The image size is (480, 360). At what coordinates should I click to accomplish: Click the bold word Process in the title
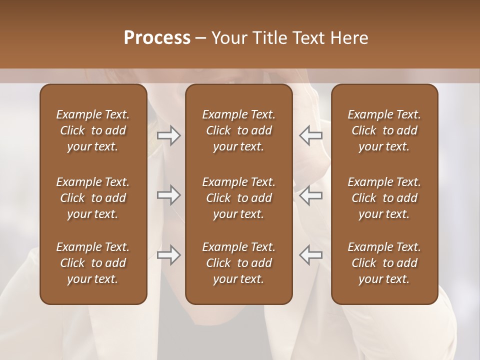pos(157,38)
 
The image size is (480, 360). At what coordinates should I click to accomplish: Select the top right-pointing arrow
pos(169,135)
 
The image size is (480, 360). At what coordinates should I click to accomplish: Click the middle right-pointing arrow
pos(169,195)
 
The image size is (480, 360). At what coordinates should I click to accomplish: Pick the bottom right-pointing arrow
pos(169,255)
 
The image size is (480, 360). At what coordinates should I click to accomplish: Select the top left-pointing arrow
pos(310,135)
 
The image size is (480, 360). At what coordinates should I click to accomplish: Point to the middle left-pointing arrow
pos(310,195)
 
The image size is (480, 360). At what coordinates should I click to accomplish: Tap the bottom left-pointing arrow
pos(310,255)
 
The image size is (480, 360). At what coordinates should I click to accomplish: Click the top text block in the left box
pos(93,130)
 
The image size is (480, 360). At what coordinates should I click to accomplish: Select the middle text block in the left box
pos(93,198)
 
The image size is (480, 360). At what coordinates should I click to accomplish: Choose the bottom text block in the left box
pos(93,263)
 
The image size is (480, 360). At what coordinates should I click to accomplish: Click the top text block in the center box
pos(238,130)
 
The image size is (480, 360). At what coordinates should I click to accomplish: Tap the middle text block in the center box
pos(238,198)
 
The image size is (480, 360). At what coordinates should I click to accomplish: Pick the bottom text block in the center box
pos(238,263)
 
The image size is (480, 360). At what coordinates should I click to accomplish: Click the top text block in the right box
pos(384,130)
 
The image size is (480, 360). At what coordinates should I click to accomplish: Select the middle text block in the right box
pos(384,198)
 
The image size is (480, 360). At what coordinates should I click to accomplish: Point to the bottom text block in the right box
pos(384,263)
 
